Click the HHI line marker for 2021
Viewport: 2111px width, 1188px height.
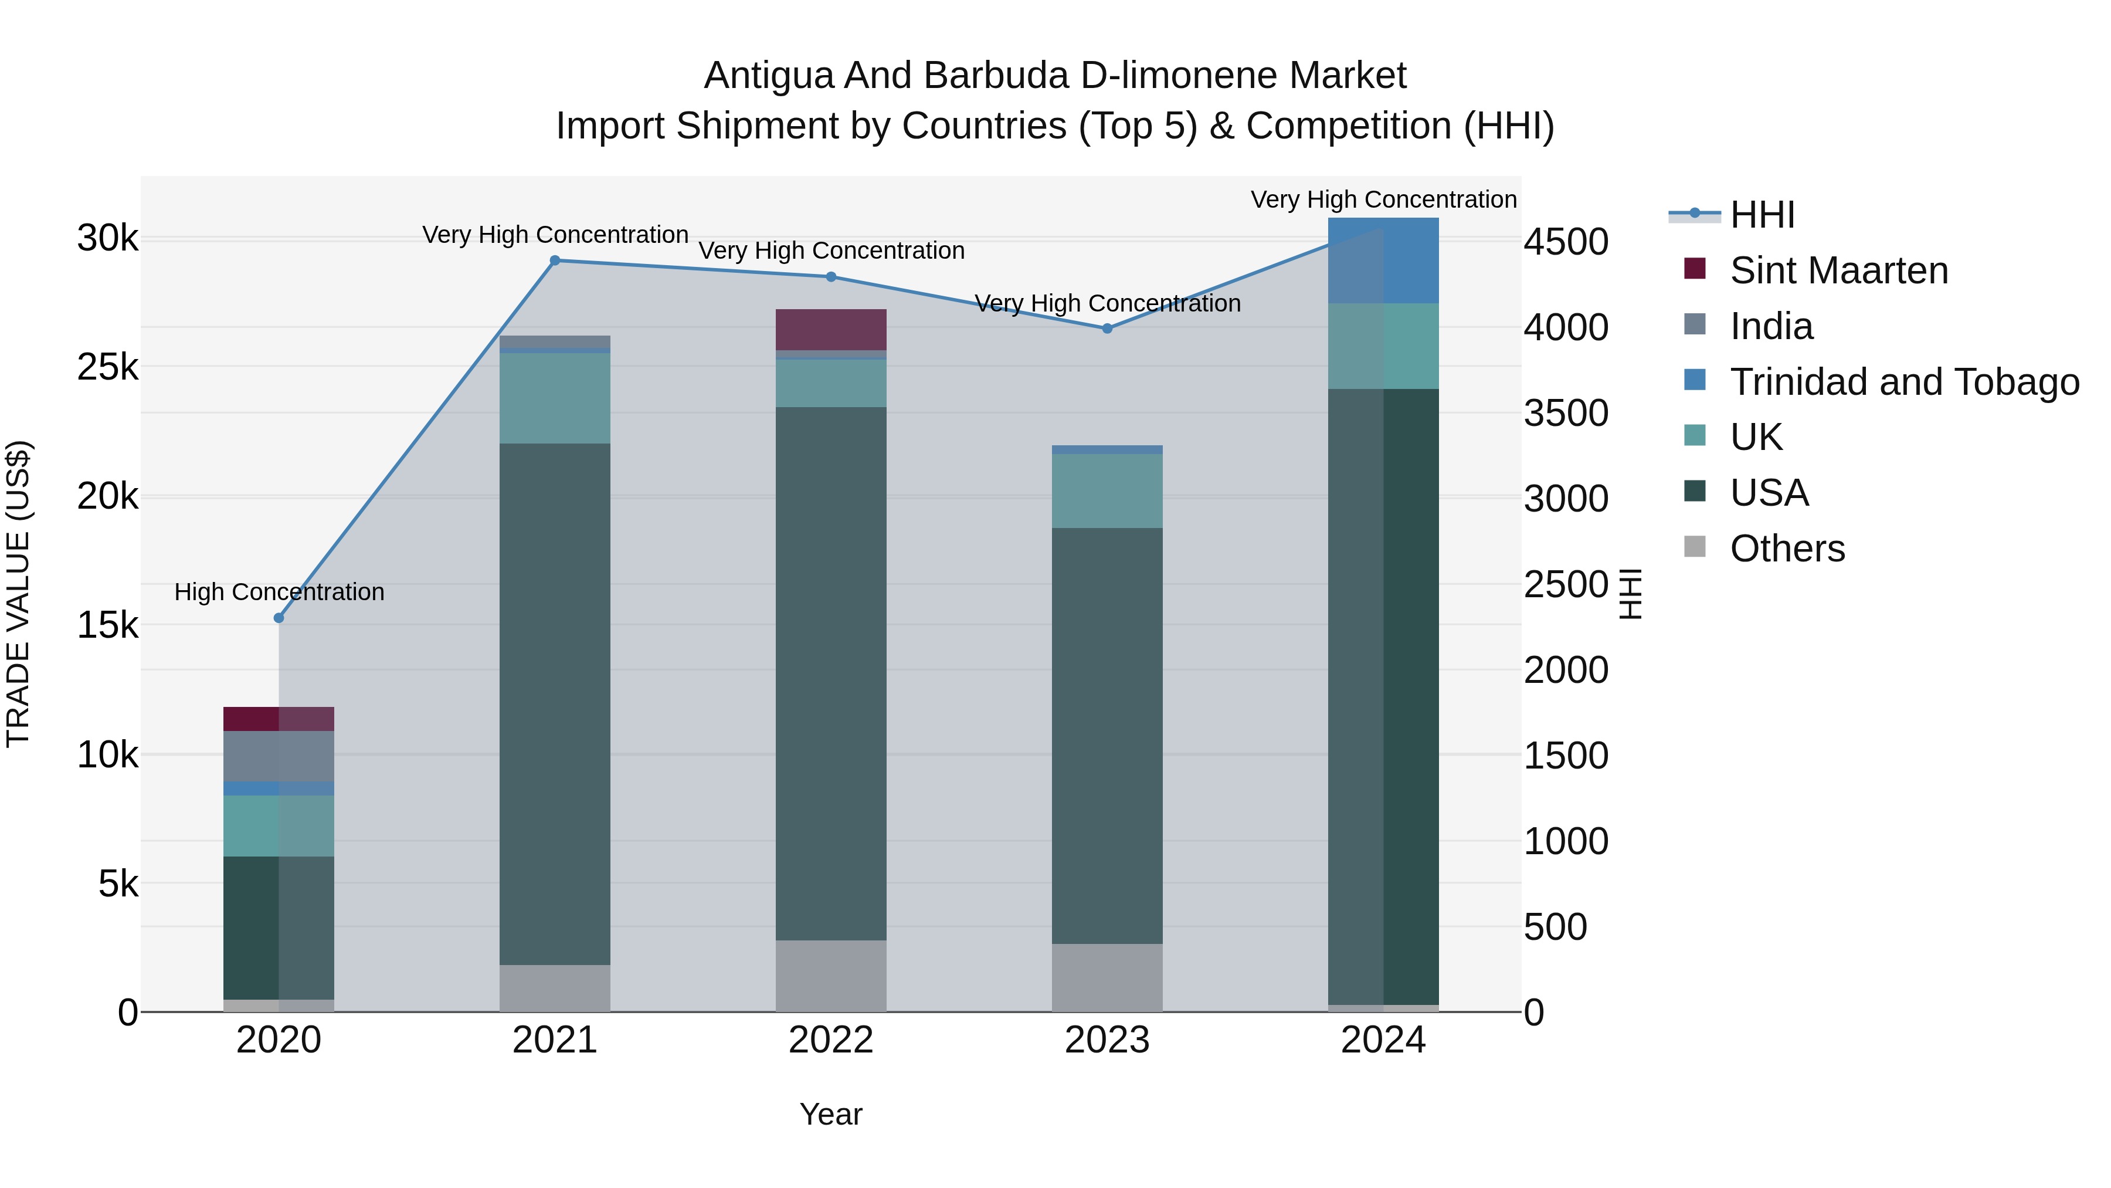(555, 260)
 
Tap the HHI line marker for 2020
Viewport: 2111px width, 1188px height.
(279, 617)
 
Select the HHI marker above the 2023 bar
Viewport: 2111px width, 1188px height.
(1107, 329)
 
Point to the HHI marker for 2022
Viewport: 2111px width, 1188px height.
(831, 277)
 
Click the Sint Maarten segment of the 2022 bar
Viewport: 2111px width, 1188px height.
(831, 330)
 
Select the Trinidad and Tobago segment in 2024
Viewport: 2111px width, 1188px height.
(1383, 260)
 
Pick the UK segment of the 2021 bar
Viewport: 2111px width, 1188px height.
(555, 398)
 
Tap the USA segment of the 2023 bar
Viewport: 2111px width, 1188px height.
(1107, 736)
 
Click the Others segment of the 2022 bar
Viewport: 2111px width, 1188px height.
(831, 976)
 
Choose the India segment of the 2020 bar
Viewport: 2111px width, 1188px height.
(279, 756)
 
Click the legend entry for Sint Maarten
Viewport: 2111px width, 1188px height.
(1838, 270)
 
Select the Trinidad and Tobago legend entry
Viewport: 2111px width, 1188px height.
(1903, 382)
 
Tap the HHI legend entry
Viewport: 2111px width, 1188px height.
(1762, 215)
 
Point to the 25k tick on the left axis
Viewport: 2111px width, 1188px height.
(108, 368)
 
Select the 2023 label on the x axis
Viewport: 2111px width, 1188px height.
(1107, 1040)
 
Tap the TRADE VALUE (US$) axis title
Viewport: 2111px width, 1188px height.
(19, 594)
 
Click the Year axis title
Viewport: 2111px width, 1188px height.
(831, 1114)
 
